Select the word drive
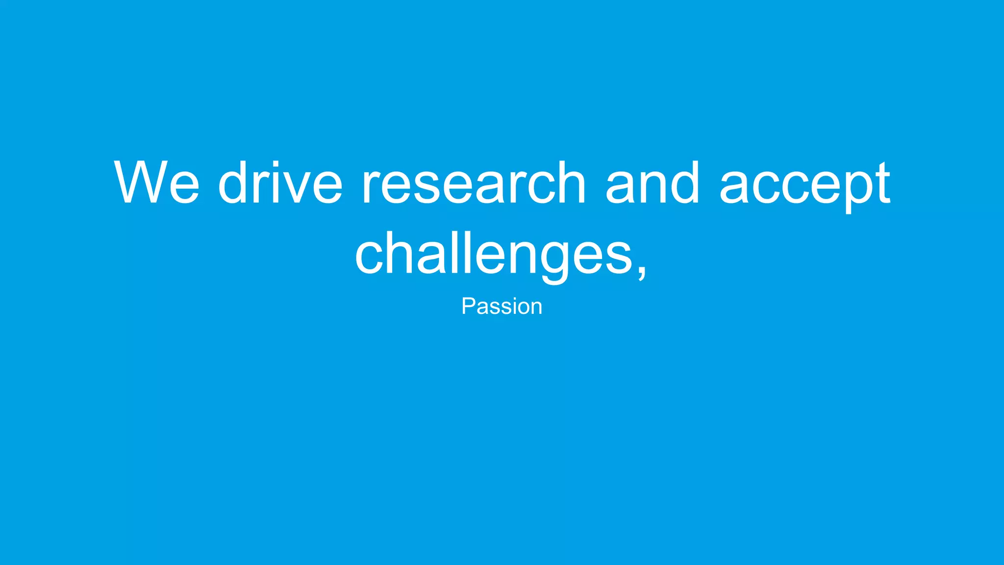coord(280,182)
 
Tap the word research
coord(474,182)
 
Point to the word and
coord(652,182)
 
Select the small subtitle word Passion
coord(502,307)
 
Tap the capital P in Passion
coord(468,307)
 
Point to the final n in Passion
coord(536,308)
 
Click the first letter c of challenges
coord(370,259)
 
